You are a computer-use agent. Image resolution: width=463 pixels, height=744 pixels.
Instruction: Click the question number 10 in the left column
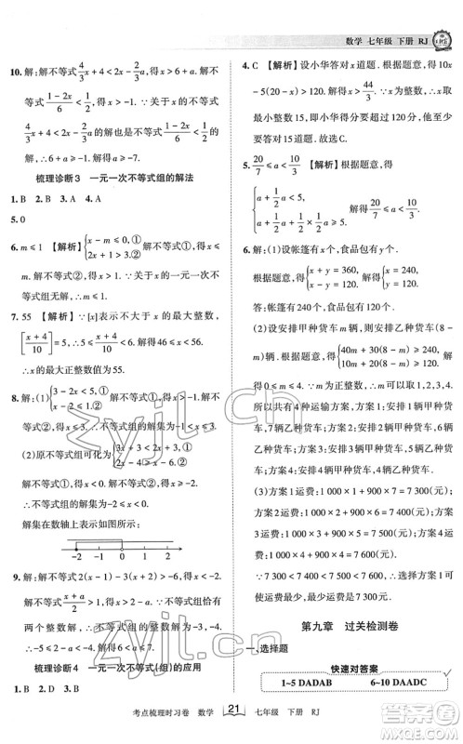[x=14, y=69]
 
